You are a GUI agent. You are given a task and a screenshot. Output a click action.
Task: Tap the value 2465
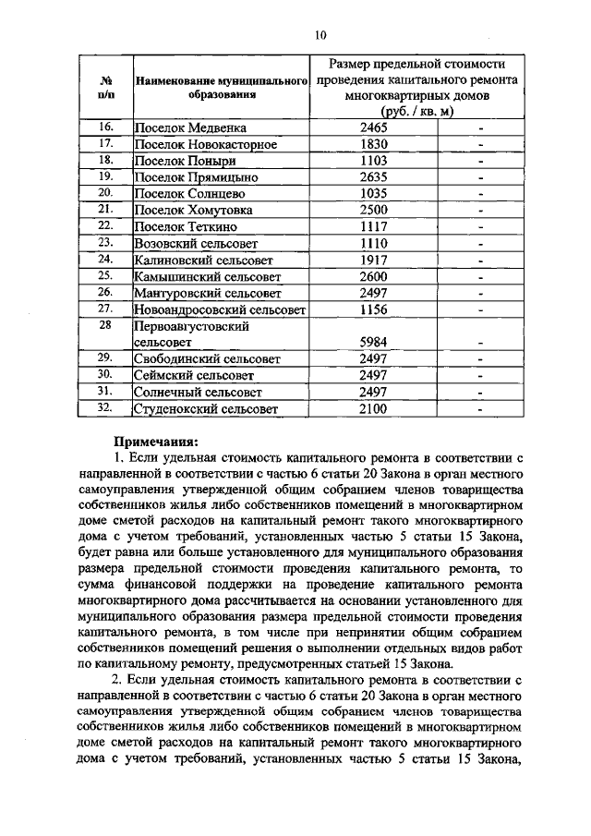point(374,127)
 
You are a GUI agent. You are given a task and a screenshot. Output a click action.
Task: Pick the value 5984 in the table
point(374,342)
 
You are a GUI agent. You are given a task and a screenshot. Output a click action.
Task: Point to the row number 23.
point(105,242)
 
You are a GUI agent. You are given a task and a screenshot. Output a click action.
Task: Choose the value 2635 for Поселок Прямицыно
point(374,176)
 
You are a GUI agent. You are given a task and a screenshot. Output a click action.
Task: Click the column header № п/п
point(105,86)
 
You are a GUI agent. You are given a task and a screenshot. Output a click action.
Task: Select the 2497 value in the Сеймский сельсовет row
point(374,375)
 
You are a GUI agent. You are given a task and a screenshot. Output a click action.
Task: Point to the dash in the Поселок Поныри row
point(481,161)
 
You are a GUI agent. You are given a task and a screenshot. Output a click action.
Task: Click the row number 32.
point(105,407)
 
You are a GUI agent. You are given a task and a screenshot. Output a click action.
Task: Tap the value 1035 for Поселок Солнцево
point(374,193)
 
